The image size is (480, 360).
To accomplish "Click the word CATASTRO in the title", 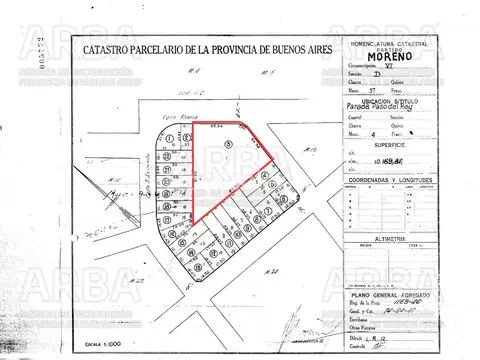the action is [x=113, y=48].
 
